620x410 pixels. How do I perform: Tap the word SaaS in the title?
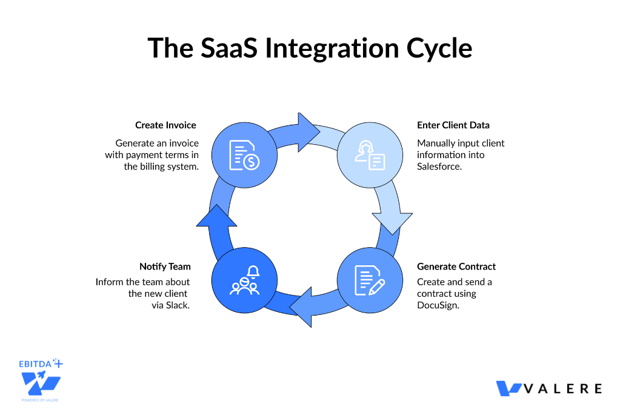tap(228, 48)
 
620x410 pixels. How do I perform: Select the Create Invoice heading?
tap(165, 125)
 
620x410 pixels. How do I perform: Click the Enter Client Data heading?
tap(453, 125)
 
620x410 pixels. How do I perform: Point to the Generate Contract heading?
tap(456, 266)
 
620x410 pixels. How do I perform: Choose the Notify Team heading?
tap(165, 266)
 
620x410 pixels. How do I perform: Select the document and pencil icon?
tap(370, 280)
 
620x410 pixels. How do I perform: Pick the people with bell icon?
tap(244, 280)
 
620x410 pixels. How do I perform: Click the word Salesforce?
tap(439, 167)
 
